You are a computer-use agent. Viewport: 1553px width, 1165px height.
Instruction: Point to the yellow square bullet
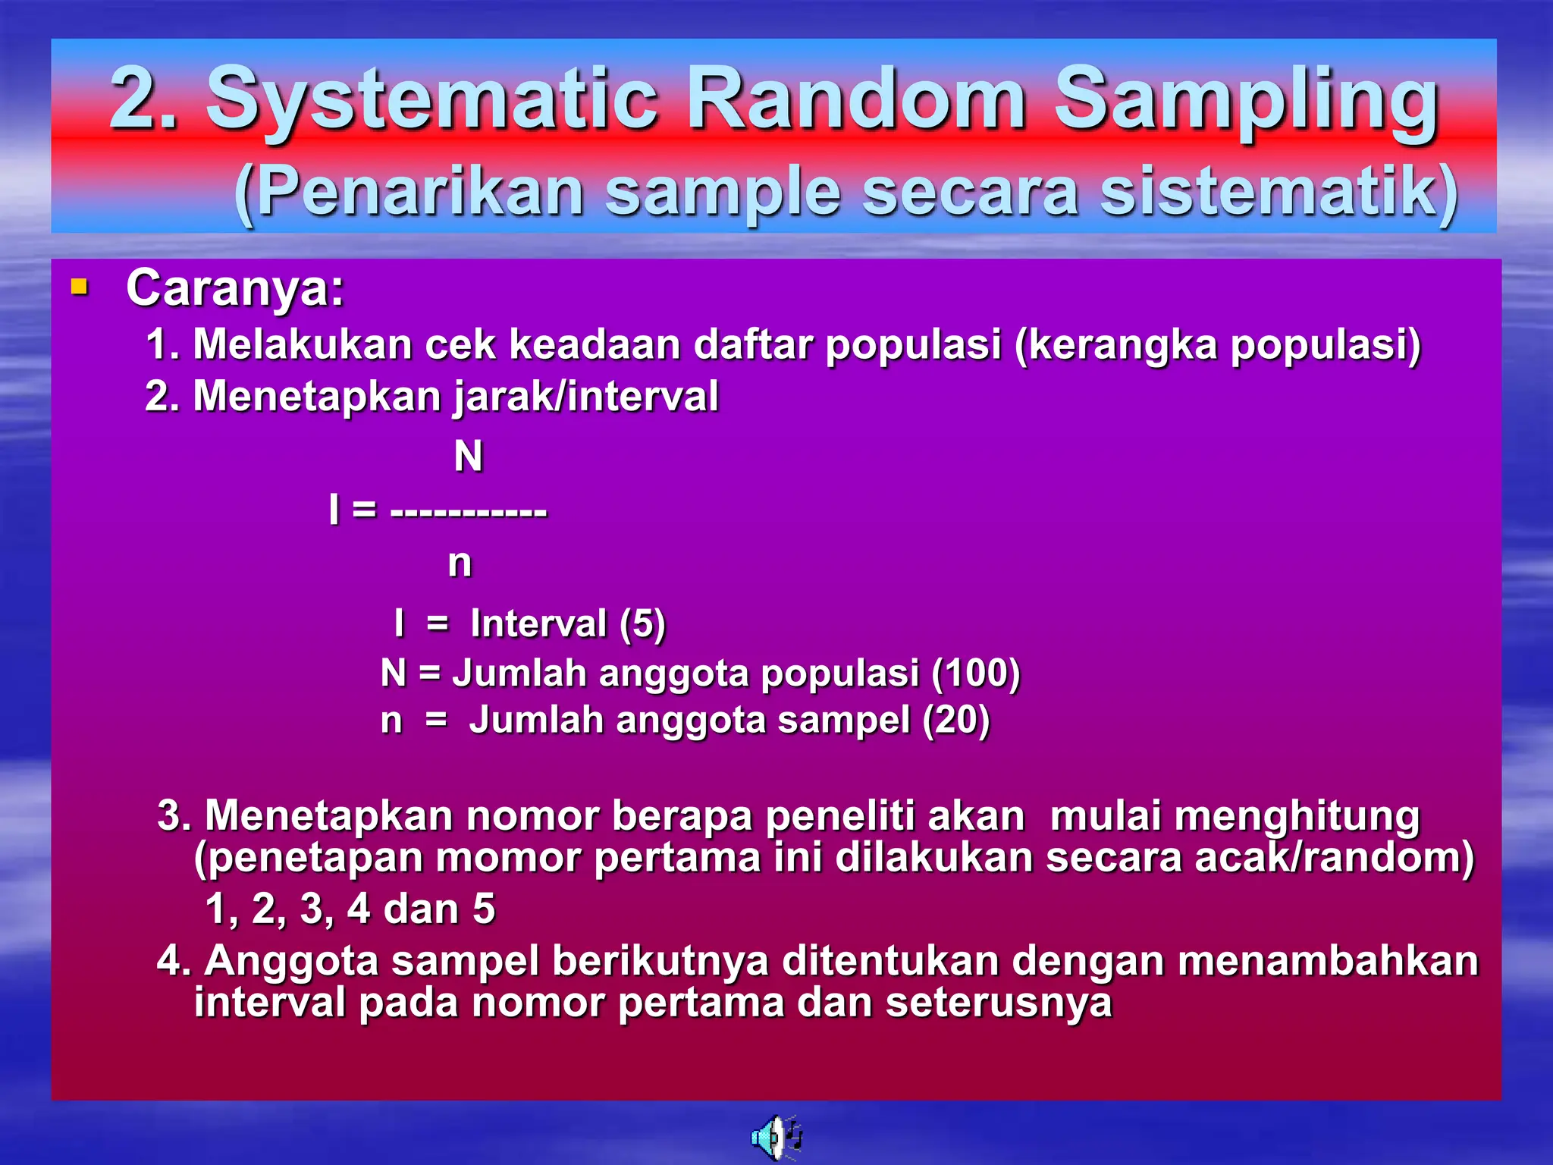coord(79,287)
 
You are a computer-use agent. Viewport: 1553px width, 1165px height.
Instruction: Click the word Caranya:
coord(235,289)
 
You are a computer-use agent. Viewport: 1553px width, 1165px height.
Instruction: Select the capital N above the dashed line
coord(468,457)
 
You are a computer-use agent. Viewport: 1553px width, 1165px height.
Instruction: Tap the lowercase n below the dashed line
coord(460,564)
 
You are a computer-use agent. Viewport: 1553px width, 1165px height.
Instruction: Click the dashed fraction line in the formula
coord(468,510)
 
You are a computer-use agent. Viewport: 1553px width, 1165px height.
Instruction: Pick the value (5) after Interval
coord(642,624)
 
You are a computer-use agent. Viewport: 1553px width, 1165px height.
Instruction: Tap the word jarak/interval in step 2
coord(585,396)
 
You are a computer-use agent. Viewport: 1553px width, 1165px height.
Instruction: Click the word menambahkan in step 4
coord(1328,960)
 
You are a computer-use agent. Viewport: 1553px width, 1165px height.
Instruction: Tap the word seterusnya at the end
coord(998,1003)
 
